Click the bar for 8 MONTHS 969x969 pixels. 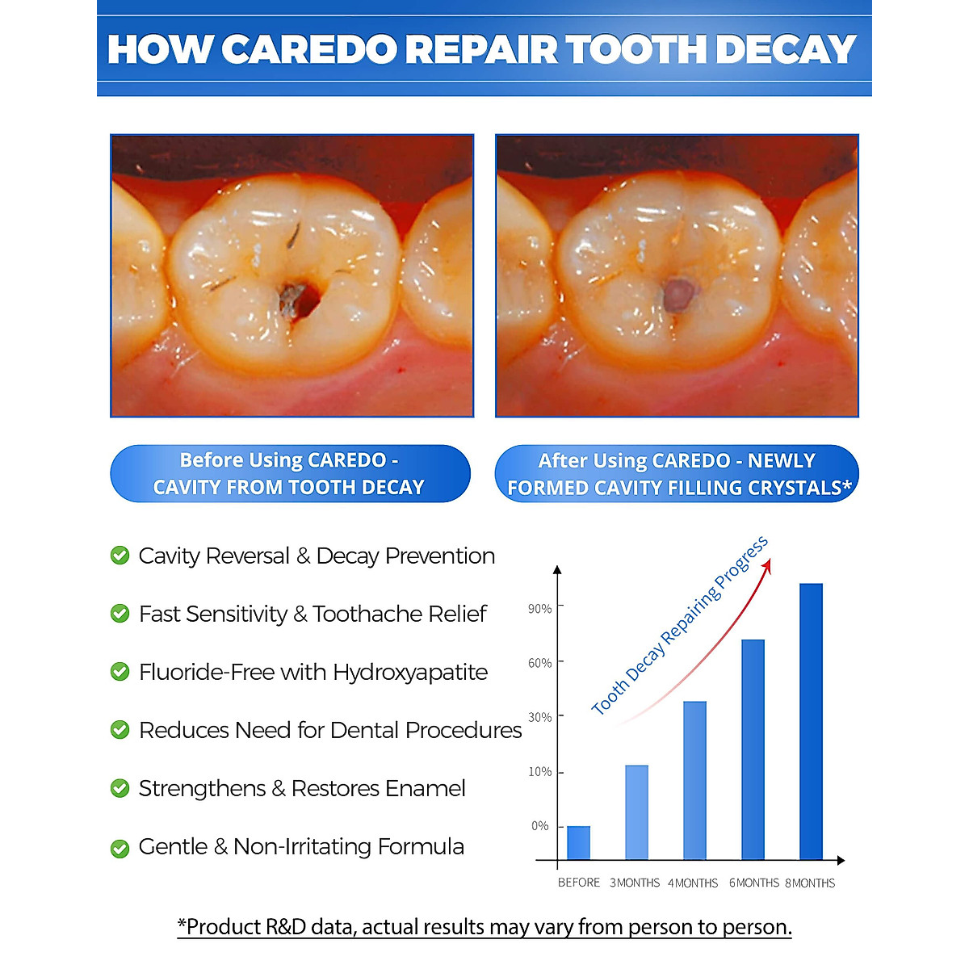(811, 721)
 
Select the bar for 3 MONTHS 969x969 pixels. (636, 812)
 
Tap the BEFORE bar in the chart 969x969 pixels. (578, 842)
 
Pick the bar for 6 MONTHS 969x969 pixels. (753, 749)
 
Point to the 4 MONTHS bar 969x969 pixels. (694, 780)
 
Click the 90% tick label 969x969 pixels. (539, 609)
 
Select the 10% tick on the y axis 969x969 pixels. (539, 772)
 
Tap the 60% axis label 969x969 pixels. (539, 663)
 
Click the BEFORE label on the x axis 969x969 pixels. (578, 883)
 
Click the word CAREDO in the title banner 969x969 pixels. (309, 49)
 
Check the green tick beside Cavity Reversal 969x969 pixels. (120, 556)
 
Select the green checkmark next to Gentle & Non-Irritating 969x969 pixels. (120, 848)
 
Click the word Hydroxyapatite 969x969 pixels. (410, 673)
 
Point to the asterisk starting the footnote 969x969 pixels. (182, 923)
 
